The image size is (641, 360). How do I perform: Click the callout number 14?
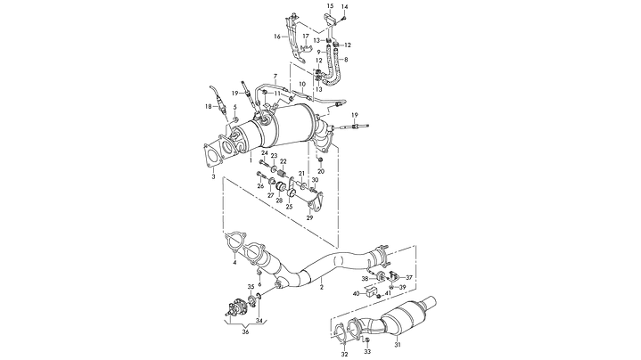[x=345, y=7]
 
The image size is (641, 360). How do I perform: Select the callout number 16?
[x=277, y=37]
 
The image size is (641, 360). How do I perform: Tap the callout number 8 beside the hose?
[x=345, y=60]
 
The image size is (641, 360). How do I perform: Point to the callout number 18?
[x=208, y=107]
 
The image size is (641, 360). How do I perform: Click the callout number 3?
[x=213, y=177]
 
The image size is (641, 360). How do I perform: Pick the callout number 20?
[x=321, y=170]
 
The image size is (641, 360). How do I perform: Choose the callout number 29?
[x=310, y=217]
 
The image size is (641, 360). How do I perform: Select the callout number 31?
[x=398, y=346]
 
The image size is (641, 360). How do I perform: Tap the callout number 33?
[x=366, y=351]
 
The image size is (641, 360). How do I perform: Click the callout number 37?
[x=410, y=276]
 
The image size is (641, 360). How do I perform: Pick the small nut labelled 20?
[x=320, y=160]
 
